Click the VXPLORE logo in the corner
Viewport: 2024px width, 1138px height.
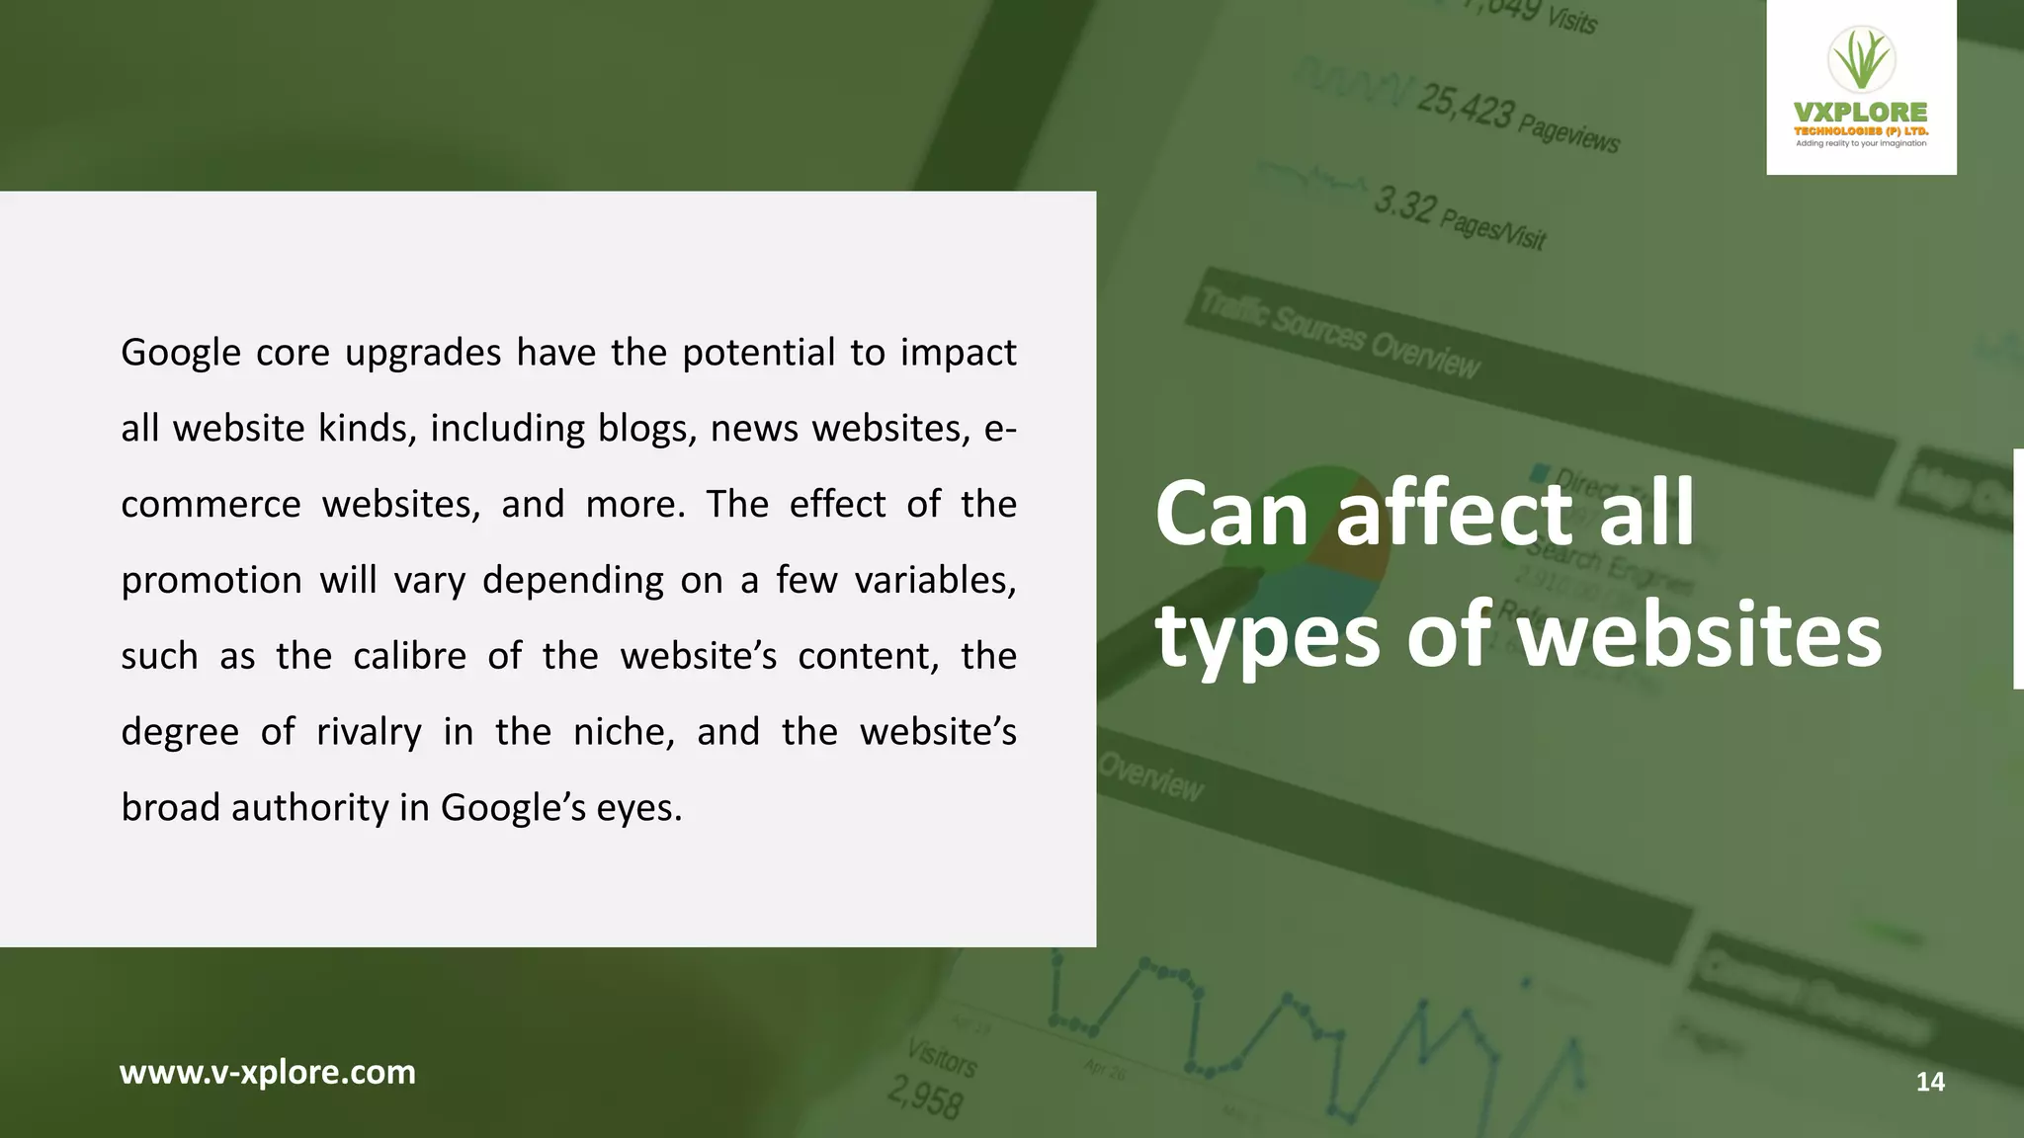pyautogui.click(x=1861, y=88)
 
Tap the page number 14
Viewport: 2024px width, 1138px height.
pyautogui.click(x=1930, y=1082)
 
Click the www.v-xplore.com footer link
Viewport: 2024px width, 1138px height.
pyautogui.click(x=268, y=1072)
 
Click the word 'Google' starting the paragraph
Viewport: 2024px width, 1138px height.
pyautogui.click(x=181, y=353)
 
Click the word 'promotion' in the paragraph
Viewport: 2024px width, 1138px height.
pyautogui.click(x=211, y=581)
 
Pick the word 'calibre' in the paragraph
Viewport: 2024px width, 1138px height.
pyautogui.click(x=409, y=656)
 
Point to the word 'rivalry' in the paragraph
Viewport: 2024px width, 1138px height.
pyautogui.click(x=369, y=732)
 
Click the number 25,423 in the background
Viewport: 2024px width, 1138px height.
pyautogui.click(x=1464, y=106)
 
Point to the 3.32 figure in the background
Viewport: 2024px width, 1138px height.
pyautogui.click(x=1403, y=205)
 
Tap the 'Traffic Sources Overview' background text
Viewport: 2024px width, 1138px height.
pyautogui.click(x=1339, y=332)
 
